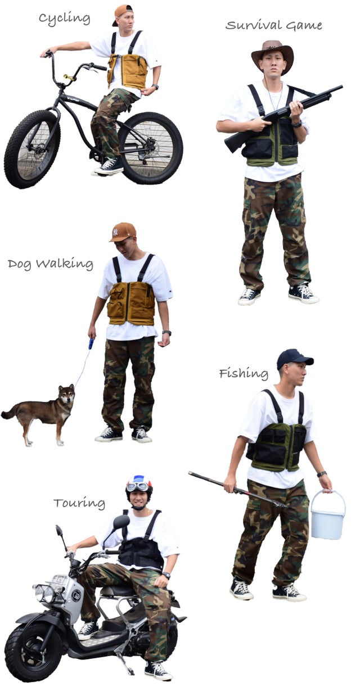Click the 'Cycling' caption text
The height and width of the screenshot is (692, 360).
(64, 18)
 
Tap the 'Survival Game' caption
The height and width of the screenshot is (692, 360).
(273, 25)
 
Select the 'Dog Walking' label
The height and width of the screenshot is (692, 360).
(51, 264)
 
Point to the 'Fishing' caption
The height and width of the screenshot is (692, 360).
(244, 373)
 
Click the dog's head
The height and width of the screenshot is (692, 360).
(67, 394)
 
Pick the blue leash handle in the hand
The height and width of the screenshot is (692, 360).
(91, 343)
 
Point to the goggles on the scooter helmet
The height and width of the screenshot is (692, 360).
(138, 487)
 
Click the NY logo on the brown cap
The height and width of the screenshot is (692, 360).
(115, 232)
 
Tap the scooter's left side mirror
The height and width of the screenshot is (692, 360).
(121, 522)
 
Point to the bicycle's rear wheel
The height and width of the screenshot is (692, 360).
(151, 148)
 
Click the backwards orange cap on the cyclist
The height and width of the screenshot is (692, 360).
(122, 12)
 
